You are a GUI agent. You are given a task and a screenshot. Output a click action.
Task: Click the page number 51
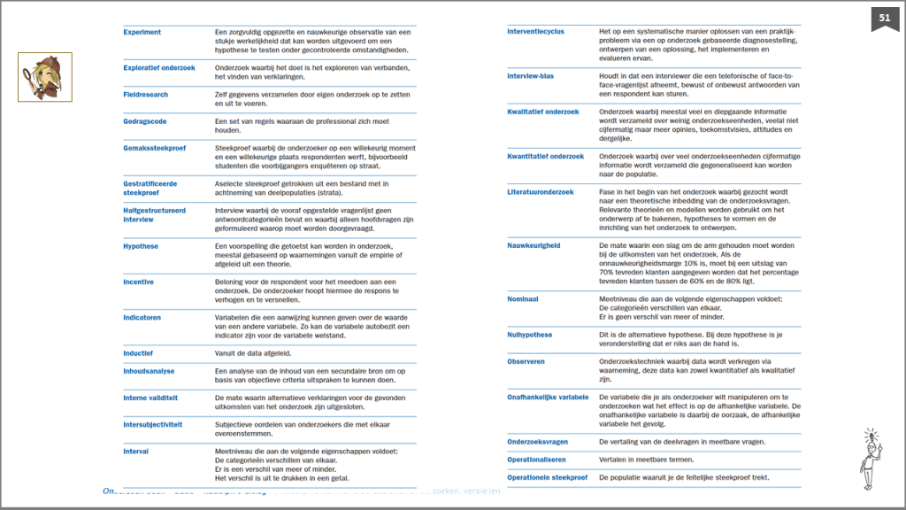885,18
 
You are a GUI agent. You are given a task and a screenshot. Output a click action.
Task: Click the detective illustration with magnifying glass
45,76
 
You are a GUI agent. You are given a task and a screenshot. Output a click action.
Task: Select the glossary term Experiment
142,33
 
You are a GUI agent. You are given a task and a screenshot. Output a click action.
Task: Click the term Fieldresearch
145,95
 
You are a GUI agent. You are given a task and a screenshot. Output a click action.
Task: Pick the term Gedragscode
144,121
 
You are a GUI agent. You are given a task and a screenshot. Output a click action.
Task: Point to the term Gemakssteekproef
154,148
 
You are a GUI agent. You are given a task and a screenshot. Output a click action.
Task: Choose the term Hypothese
141,246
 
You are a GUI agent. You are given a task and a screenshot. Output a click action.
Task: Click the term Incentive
138,282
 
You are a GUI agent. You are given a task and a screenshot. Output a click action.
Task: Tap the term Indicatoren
142,317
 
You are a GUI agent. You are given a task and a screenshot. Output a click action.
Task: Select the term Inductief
138,352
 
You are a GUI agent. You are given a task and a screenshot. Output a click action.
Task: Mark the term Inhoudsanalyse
149,371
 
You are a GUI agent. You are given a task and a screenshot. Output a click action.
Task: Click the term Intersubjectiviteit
152,424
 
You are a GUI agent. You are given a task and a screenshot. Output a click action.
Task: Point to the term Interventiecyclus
535,32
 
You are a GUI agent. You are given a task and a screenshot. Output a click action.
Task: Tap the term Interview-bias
530,76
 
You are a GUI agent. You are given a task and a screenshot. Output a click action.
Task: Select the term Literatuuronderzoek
540,192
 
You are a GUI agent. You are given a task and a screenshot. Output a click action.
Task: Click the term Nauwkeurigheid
534,245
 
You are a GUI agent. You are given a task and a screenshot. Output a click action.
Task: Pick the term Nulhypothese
529,335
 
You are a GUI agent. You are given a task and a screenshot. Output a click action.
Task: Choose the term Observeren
526,361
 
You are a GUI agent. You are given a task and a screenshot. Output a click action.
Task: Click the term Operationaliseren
536,460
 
